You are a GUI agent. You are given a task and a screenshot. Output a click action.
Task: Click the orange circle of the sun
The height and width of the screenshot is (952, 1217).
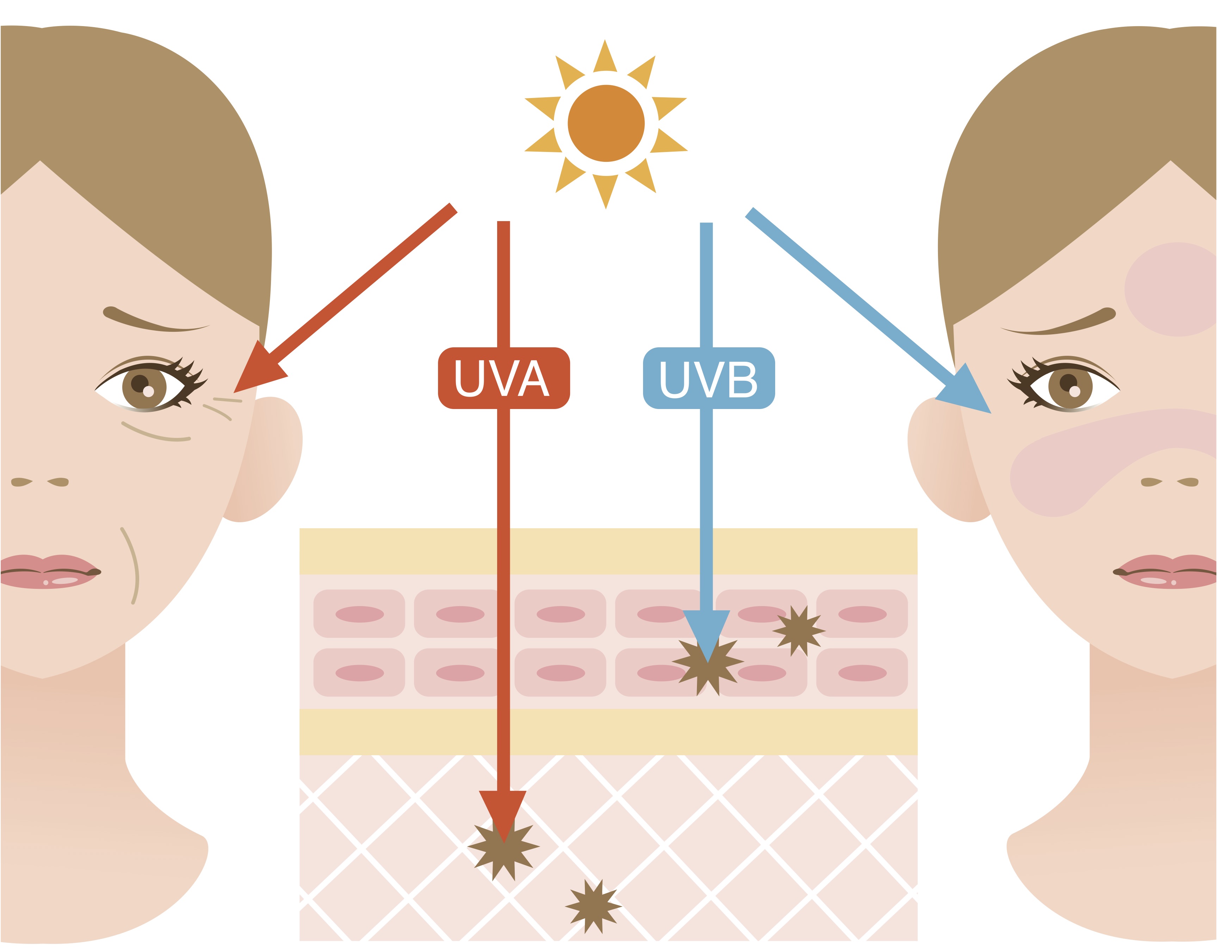[x=606, y=123]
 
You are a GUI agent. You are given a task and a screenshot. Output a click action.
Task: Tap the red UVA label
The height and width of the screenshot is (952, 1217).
[x=504, y=378]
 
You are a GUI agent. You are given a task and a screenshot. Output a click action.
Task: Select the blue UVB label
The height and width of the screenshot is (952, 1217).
[x=709, y=378]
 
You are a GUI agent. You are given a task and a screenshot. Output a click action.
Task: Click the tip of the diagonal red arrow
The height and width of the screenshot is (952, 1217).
[x=234, y=393]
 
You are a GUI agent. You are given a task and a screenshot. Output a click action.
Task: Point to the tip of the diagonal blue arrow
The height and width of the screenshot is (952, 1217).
[x=991, y=413]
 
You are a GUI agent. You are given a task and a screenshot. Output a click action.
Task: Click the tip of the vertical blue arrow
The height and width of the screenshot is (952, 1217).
[x=706, y=663]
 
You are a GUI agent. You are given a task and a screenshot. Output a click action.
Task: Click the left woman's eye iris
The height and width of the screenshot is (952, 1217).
[x=144, y=386]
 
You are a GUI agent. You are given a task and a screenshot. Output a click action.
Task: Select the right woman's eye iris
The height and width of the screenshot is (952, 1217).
[x=1070, y=386]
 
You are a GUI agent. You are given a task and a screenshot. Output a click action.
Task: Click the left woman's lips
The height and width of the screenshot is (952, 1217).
[x=50, y=572]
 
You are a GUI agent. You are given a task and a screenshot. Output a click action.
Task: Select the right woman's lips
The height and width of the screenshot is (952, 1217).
[x=1165, y=572]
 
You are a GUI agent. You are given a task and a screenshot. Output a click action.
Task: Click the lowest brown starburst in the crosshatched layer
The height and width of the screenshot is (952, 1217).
[x=593, y=907]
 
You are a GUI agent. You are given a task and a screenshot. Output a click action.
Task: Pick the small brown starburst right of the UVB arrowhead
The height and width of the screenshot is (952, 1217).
[x=798, y=631]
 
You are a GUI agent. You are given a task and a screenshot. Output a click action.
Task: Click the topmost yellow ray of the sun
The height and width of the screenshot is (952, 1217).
[x=605, y=56]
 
